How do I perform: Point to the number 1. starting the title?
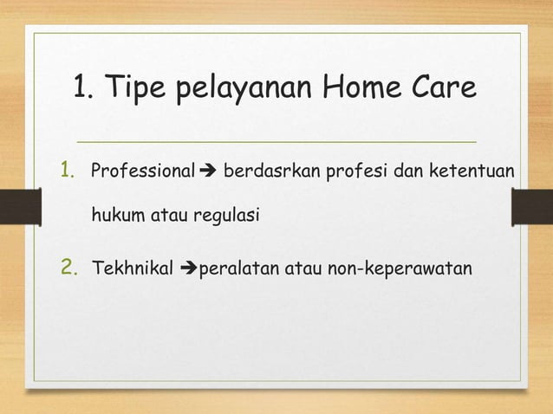[x=88, y=87]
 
